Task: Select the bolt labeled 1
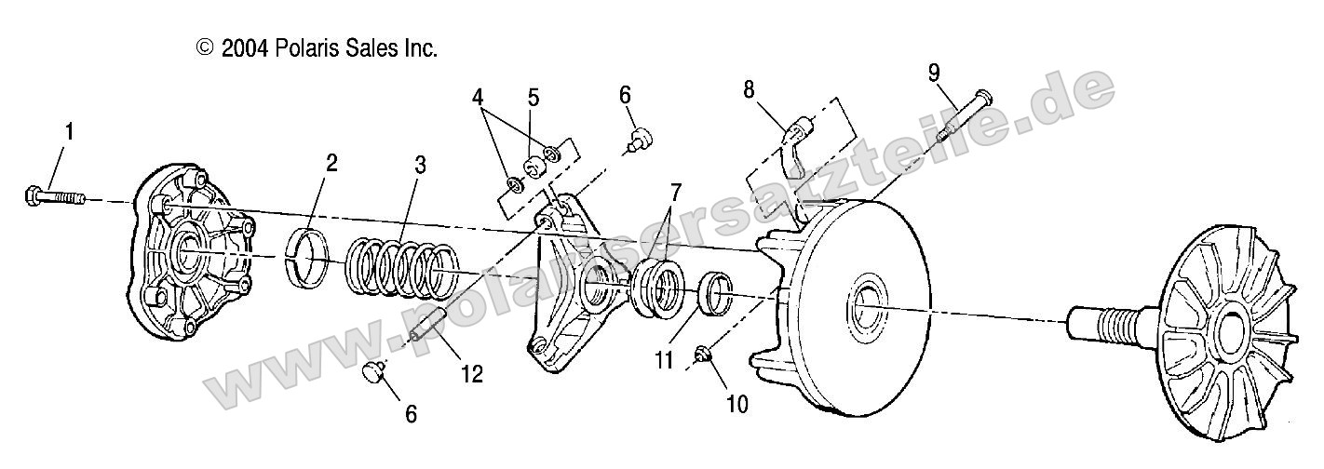click(52, 196)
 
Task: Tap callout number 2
click(331, 164)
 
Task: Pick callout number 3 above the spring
click(421, 166)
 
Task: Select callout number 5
click(533, 96)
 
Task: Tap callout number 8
click(748, 90)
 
